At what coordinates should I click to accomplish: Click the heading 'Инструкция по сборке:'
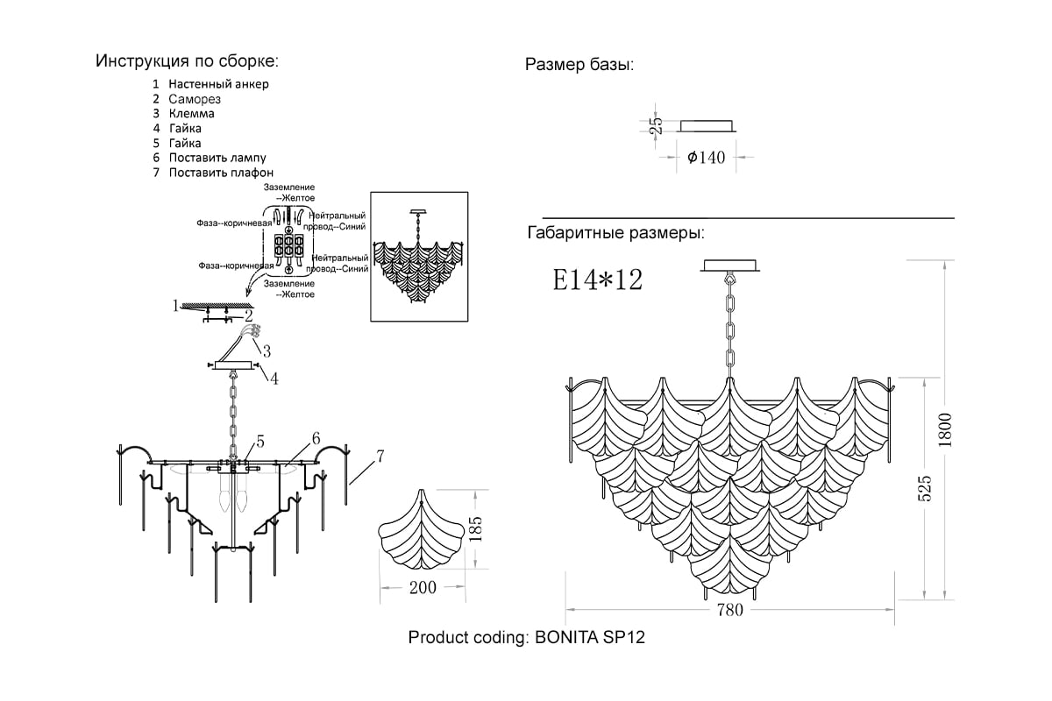click(187, 61)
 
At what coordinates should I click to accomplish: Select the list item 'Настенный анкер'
click(219, 84)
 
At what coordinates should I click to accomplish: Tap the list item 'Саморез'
click(195, 99)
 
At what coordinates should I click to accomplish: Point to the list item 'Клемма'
click(192, 114)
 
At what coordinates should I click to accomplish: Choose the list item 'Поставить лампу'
click(217, 158)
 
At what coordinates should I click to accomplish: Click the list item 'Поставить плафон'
click(221, 173)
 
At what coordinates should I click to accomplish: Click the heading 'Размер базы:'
click(579, 65)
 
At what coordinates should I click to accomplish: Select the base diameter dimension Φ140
click(707, 158)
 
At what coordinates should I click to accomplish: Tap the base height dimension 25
click(656, 126)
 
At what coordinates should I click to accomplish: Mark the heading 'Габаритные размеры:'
click(615, 233)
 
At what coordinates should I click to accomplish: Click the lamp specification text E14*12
click(597, 280)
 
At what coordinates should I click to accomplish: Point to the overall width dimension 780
click(730, 610)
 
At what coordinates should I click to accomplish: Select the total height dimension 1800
click(945, 430)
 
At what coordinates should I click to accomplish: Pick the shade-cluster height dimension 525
click(924, 488)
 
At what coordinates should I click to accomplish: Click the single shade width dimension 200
click(423, 587)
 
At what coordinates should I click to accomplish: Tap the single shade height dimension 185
click(476, 529)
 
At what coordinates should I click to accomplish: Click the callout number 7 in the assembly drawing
click(380, 456)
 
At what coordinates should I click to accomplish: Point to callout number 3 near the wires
click(267, 350)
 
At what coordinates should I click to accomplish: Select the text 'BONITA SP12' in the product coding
click(590, 637)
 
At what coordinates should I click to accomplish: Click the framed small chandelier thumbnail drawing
click(419, 257)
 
